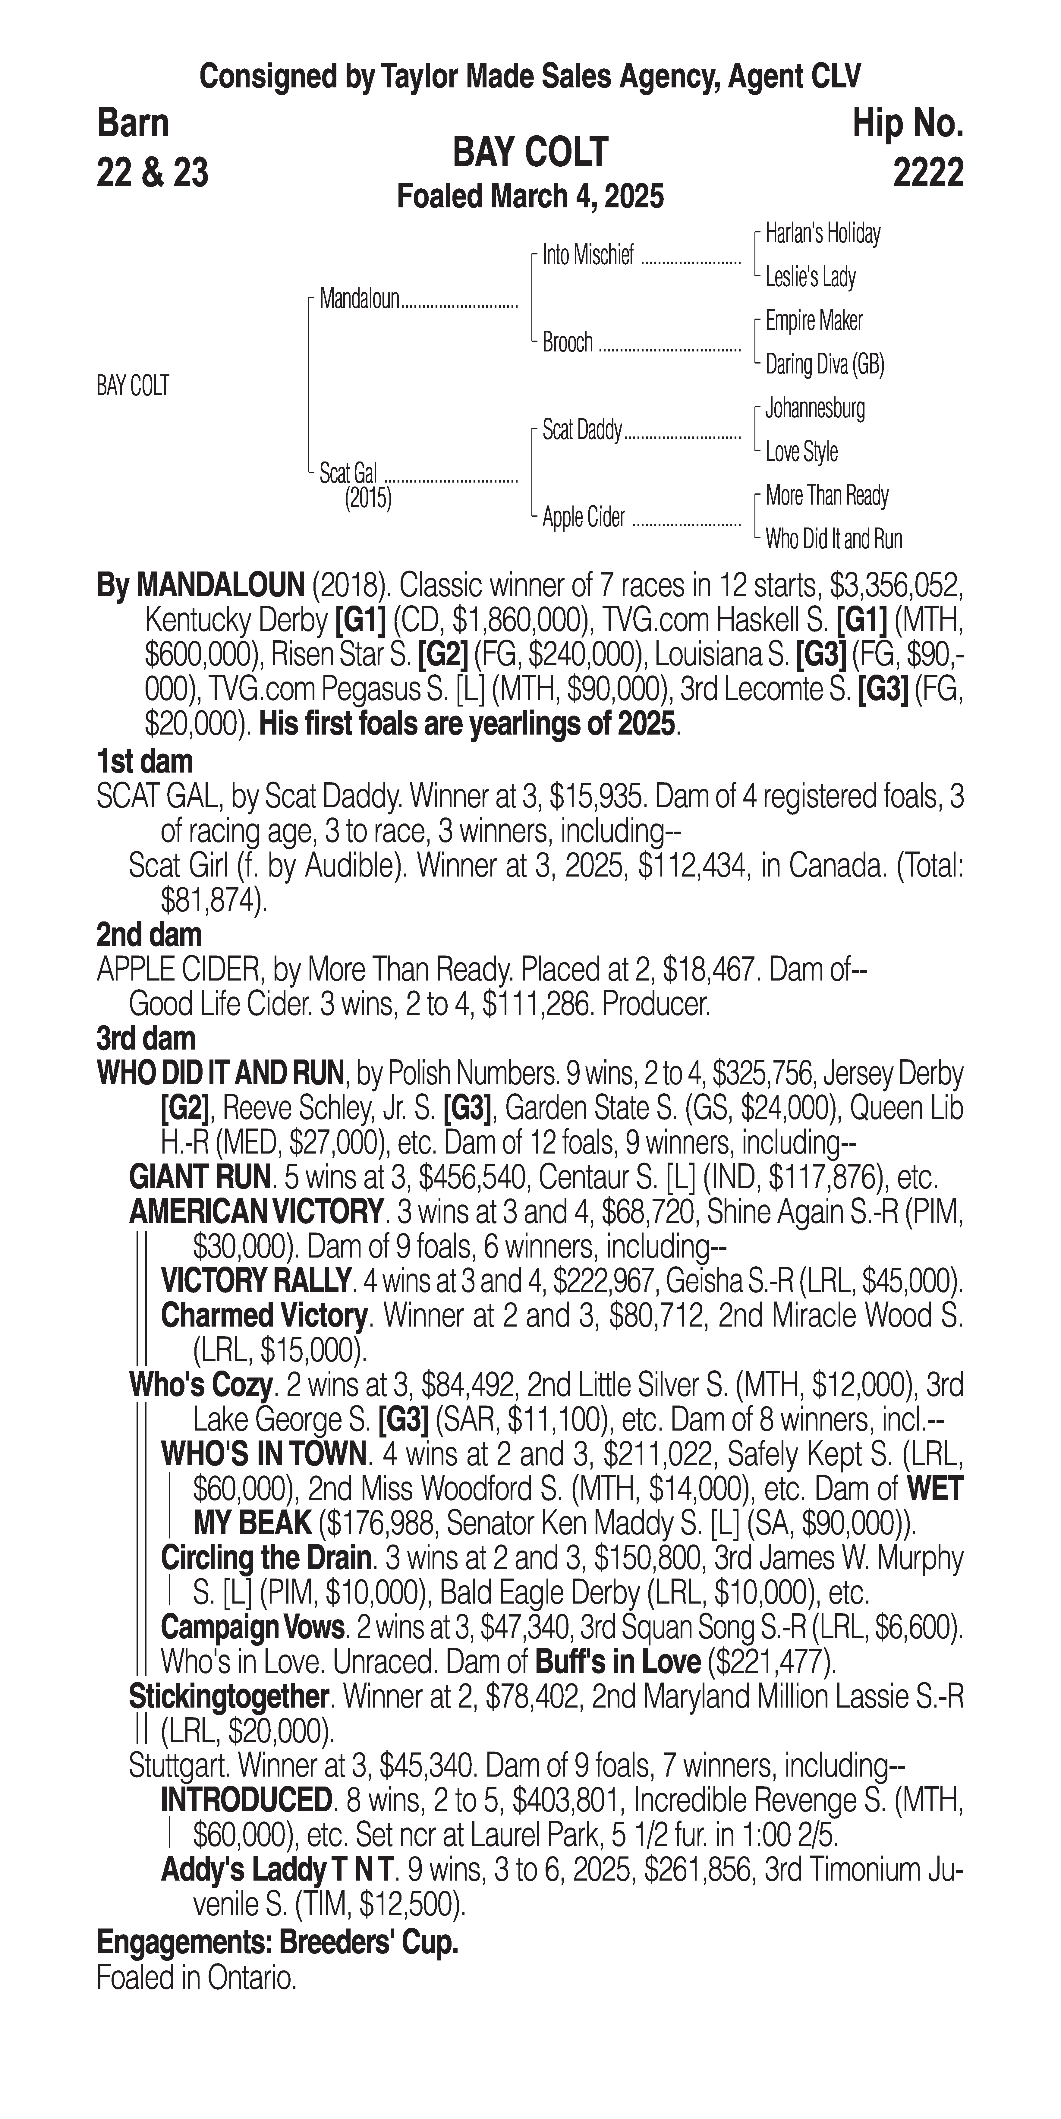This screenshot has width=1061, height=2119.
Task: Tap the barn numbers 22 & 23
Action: (x=152, y=173)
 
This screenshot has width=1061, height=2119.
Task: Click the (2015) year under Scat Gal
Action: (x=368, y=499)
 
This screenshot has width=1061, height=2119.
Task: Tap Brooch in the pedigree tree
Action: (x=568, y=342)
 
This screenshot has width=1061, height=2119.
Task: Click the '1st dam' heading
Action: (x=145, y=762)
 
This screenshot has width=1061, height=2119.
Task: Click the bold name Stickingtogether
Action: (x=229, y=1696)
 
